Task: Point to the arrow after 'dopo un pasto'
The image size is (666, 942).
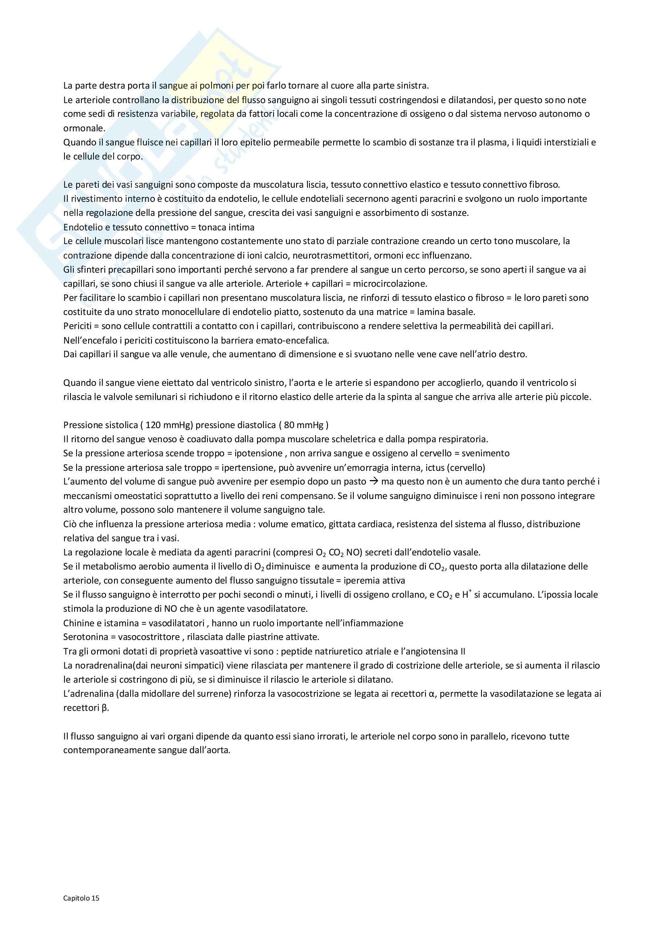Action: pyautogui.click(x=373, y=481)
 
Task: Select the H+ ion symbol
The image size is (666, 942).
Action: pyautogui.click(x=466, y=594)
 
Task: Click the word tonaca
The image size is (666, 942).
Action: pyautogui.click(x=212, y=227)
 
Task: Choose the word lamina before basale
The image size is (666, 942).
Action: pyautogui.click(x=431, y=312)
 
